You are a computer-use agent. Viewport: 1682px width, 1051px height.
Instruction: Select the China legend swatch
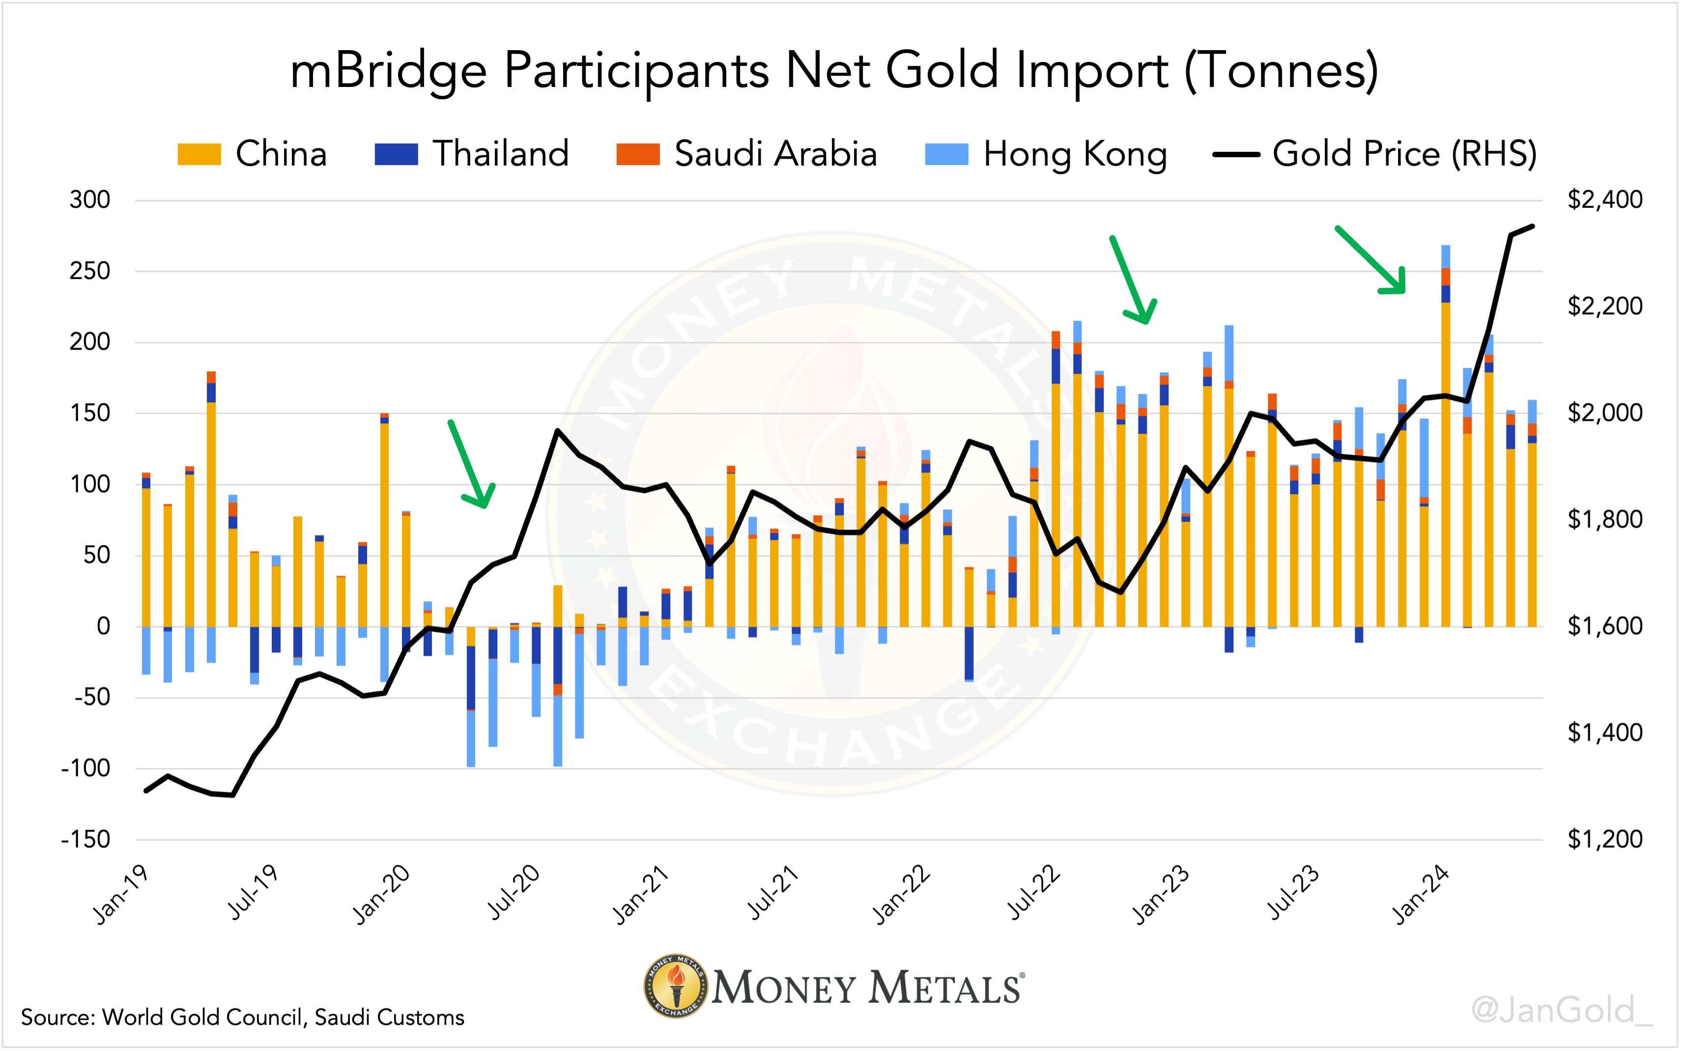tap(199, 154)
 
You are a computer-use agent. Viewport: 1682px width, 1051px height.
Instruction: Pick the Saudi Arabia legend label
tap(775, 154)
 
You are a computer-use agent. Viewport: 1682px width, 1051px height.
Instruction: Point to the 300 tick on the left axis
tap(90, 200)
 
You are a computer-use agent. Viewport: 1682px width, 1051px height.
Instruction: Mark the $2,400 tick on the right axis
tap(1604, 200)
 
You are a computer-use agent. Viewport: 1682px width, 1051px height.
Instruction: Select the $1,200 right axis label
tap(1604, 840)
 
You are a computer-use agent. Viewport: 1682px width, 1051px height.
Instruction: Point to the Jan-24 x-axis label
tap(1422, 895)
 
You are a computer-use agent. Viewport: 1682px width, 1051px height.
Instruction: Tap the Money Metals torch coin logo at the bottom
tap(675, 986)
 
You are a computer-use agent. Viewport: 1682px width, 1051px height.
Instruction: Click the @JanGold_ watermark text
tap(1562, 1010)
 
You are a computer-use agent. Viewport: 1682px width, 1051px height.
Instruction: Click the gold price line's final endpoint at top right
tap(1533, 226)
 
